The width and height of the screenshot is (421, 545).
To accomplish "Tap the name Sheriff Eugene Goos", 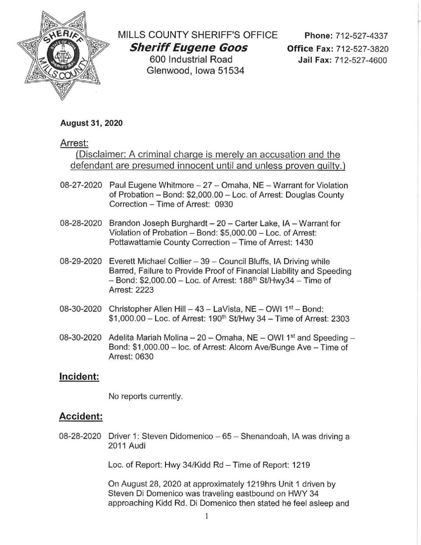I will click(188, 47).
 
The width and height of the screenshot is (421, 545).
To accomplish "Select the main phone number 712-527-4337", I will click(362, 36).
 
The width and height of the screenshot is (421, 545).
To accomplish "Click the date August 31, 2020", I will click(92, 123).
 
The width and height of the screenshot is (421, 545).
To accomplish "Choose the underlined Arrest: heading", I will click(74, 143).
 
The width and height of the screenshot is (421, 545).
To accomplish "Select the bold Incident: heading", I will click(79, 377).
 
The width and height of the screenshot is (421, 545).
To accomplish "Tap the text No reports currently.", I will click(146, 397).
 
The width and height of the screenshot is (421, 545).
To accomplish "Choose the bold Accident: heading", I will click(81, 416).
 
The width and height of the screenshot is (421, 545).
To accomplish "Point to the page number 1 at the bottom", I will click(207, 516).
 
